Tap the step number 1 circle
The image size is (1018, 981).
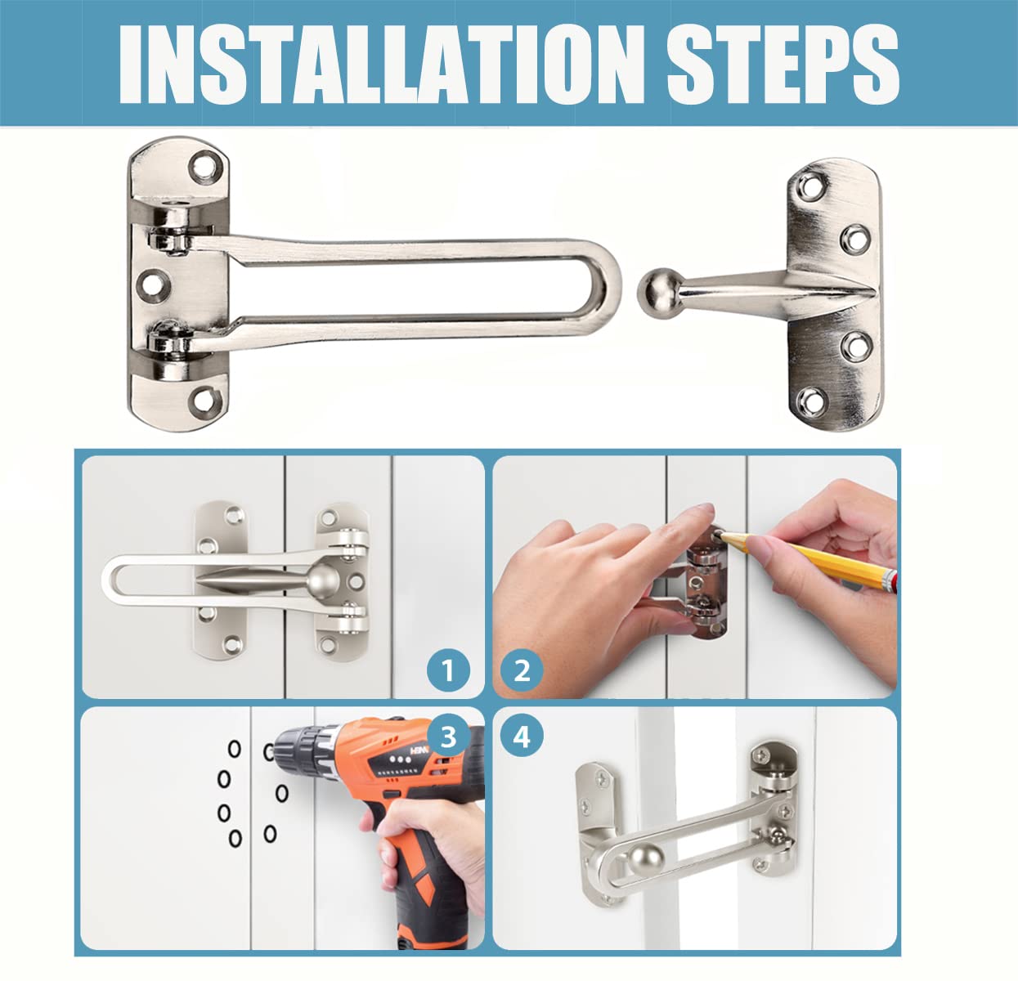448,670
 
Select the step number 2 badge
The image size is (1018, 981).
522,670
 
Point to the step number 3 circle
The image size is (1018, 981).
448,737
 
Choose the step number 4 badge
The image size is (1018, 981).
522,737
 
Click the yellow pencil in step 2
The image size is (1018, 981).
805,559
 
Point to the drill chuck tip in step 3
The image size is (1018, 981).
269,752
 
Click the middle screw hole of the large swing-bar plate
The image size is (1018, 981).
153,285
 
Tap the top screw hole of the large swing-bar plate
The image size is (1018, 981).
204,168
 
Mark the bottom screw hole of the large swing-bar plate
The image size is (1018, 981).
204,401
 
